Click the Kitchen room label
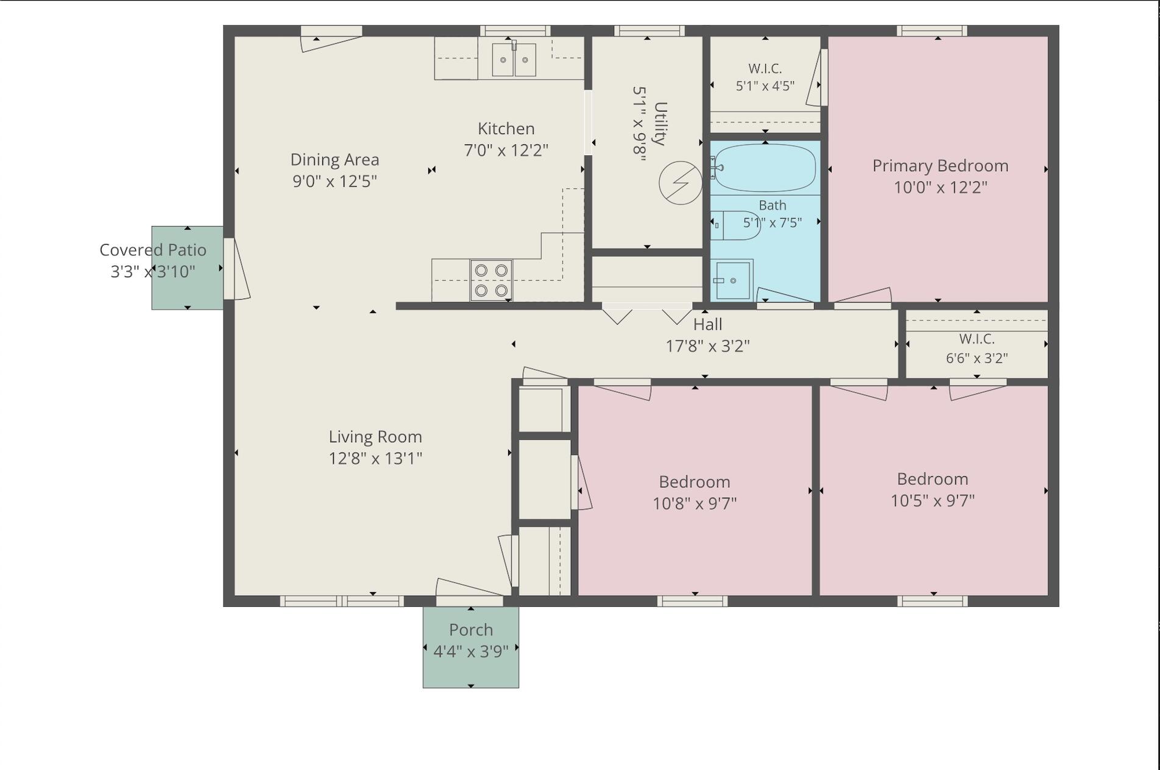point(506,129)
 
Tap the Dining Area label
point(334,160)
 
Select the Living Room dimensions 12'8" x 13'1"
point(375,458)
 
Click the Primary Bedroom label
point(940,166)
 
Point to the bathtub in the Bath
point(765,168)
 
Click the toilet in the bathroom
point(735,225)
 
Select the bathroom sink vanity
point(732,280)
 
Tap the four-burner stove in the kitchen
point(491,280)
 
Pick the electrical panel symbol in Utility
point(681,183)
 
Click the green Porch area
point(471,647)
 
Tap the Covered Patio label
point(153,250)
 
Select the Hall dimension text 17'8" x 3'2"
point(707,346)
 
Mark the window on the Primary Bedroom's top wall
point(932,31)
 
